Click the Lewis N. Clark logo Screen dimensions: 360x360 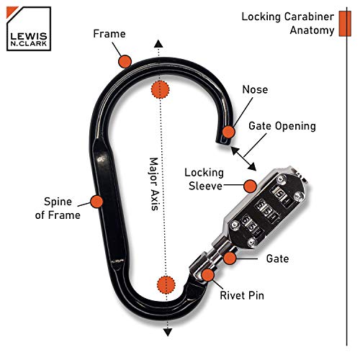tap(29, 29)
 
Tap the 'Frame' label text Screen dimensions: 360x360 tap(109, 34)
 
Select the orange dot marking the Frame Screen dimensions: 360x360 tap(125, 61)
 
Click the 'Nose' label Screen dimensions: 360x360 tap(255, 89)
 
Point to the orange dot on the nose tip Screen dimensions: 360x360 tap(228, 132)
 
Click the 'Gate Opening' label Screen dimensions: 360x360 tap(282, 126)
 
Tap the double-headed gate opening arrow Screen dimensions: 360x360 tap(243, 158)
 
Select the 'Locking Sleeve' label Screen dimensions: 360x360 tap(204, 179)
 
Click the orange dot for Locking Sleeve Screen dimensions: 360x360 tap(250, 186)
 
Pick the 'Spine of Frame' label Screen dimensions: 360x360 tap(58, 208)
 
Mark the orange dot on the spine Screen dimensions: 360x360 tap(96, 202)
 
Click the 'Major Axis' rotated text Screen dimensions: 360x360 tap(154, 184)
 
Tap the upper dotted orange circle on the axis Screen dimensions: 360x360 tap(160, 90)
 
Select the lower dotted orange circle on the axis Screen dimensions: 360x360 tap(166, 284)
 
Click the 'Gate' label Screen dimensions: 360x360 tap(277, 258)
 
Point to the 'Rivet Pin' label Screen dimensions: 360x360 tap(242, 295)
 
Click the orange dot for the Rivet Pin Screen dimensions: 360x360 tap(208, 275)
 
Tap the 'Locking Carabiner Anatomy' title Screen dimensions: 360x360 tap(288, 24)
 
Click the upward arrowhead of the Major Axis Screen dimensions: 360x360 tap(158, 44)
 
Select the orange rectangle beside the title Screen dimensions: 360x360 tap(345, 24)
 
